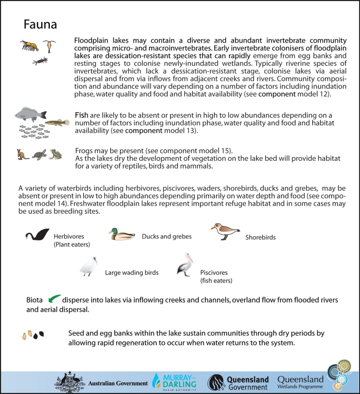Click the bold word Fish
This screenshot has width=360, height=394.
point(81,114)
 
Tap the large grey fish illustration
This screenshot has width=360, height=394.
point(30,114)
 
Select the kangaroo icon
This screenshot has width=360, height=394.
point(23,154)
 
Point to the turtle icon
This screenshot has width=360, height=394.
point(39,154)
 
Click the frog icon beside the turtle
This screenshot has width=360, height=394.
point(55,154)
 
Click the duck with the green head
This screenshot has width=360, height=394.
point(122,235)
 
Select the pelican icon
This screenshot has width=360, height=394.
point(185,267)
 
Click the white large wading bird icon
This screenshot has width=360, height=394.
point(88,267)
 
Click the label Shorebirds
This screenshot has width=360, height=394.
point(260,237)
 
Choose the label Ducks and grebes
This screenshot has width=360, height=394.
point(167,236)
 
